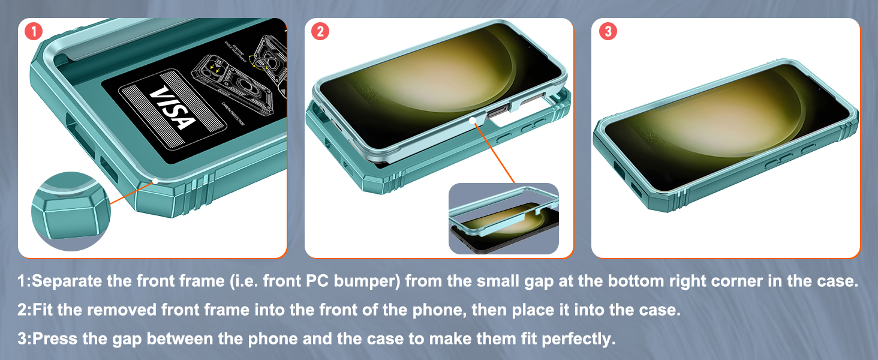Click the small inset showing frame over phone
[x=504, y=219]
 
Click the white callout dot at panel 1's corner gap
[x=155, y=180]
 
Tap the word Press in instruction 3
[x=50, y=339]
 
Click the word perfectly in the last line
[x=578, y=339]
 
